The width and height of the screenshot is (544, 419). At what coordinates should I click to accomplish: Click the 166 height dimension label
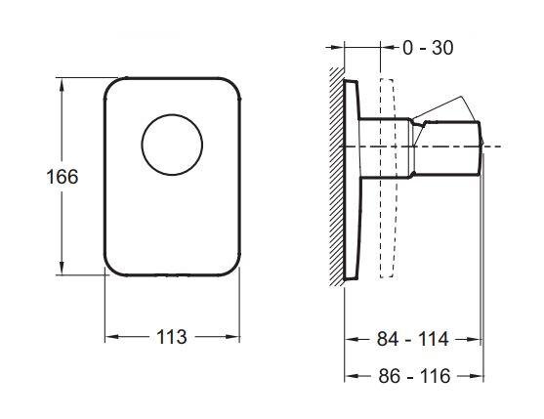click(x=63, y=177)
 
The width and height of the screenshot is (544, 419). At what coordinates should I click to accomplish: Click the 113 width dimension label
click(x=172, y=337)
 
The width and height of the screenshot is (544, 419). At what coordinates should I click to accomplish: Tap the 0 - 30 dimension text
click(x=428, y=48)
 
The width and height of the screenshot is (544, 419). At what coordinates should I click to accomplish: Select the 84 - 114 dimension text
click(x=412, y=339)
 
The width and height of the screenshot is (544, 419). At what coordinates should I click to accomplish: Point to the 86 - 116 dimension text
click(x=414, y=376)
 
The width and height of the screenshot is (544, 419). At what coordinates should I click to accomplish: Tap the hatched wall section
click(x=337, y=177)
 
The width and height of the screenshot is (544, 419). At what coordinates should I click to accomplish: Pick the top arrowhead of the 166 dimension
click(x=62, y=84)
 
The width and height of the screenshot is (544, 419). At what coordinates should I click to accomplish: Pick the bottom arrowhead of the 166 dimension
click(x=62, y=268)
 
